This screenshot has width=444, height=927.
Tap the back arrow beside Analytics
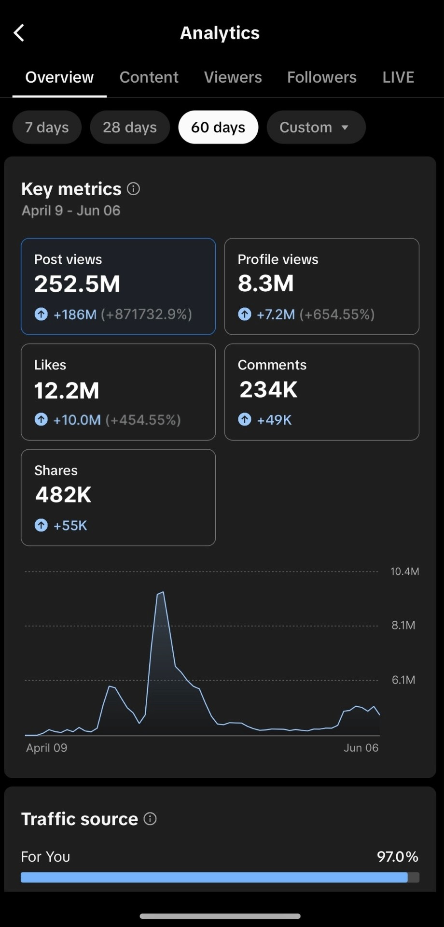pyautogui.click(x=19, y=33)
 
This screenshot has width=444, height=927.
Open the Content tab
pyautogui.click(x=149, y=77)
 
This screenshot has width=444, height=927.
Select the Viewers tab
pyautogui.click(x=233, y=77)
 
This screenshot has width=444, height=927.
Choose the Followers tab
pyautogui.click(x=321, y=77)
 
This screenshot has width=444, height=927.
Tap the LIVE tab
pyautogui.click(x=398, y=77)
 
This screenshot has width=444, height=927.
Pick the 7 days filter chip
pyautogui.click(x=47, y=127)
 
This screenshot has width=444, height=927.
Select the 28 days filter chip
pyautogui.click(x=130, y=127)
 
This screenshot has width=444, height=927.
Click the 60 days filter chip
pyautogui.click(x=218, y=127)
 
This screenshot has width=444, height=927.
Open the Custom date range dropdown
pyautogui.click(x=316, y=127)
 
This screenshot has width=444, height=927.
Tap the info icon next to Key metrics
pyautogui.click(x=133, y=189)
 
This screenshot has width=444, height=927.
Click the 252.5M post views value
pyautogui.click(x=77, y=284)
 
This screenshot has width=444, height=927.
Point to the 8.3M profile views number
pyautogui.click(x=265, y=283)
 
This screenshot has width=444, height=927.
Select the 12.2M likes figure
pyautogui.click(x=67, y=390)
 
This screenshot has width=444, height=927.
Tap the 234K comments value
pyautogui.click(x=269, y=389)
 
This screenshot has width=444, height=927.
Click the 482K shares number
pyautogui.click(x=63, y=495)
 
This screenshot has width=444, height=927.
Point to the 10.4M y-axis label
pyautogui.click(x=404, y=571)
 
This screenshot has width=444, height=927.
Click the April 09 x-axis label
pyautogui.click(x=47, y=748)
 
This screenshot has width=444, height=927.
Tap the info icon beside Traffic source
pyautogui.click(x=150, y=819)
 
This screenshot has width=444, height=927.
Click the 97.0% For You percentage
pyautogui.click(x=397, y=856)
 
